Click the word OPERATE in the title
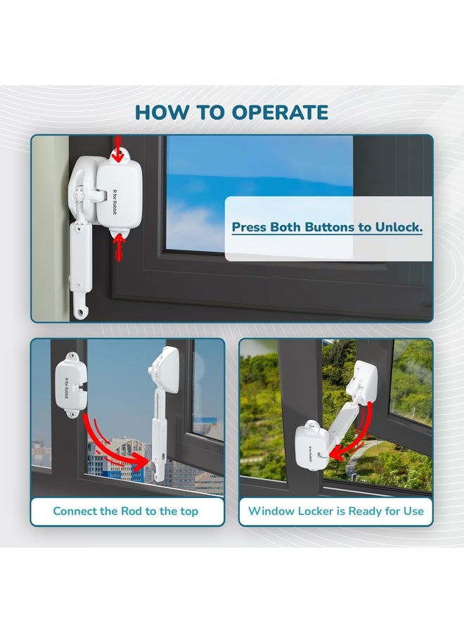[x=280, y=113]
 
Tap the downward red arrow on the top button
[x=117, y=148]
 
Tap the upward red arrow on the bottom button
[x=118, y=247]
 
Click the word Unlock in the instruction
[x=399, y=227]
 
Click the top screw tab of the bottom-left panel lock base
[x=72, y=356]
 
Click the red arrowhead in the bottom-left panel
[x=139, y=462]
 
